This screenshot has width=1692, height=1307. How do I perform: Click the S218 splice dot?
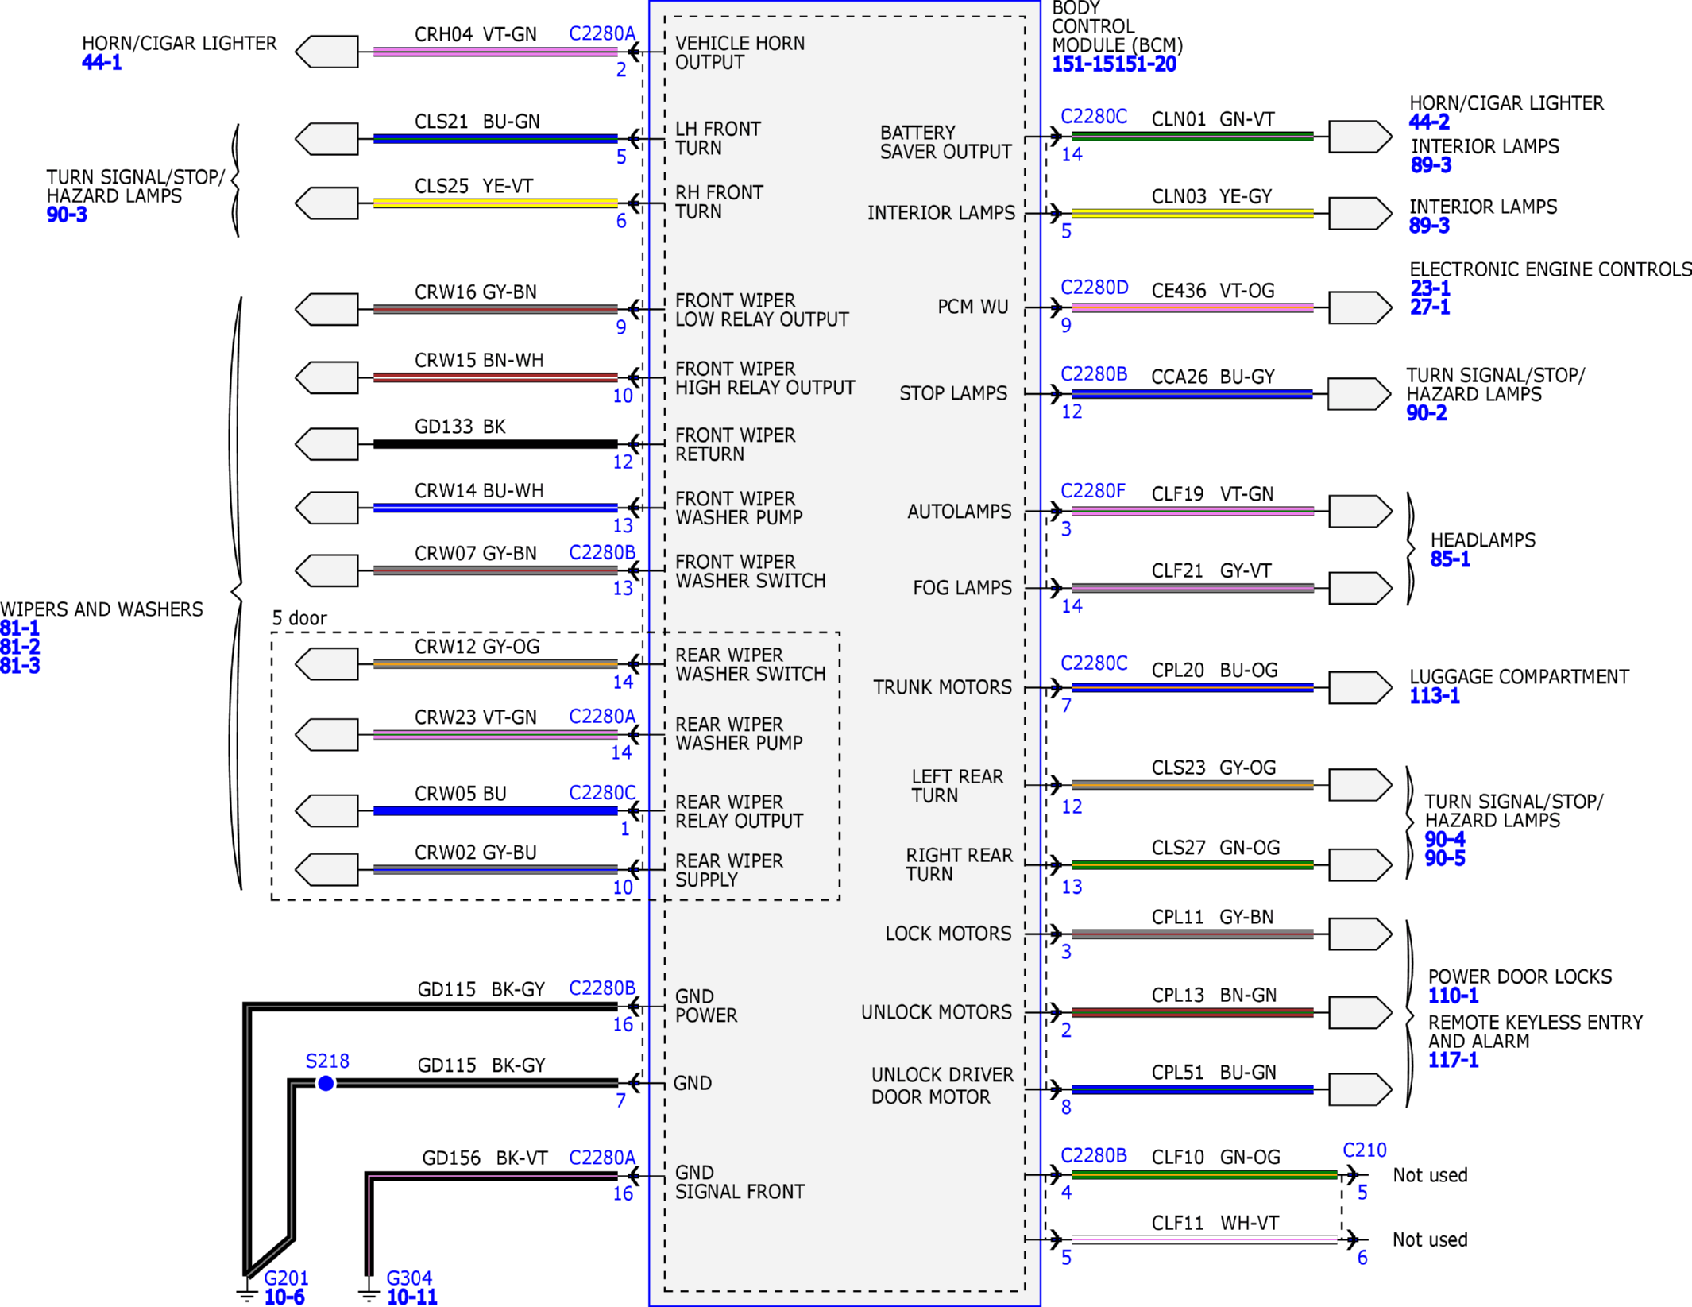pyautogui.click(x=326, y=1083)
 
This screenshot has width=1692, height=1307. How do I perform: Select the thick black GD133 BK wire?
pyautogui.click(x=495, y=444)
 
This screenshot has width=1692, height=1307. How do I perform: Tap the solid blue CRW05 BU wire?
pyautogui.click(x=495, y=811)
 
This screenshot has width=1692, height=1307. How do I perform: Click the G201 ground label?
pyautogui.click(x=286, y=1278)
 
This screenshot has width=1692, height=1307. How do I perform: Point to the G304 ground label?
pyautogui.click(x=409, y=1278)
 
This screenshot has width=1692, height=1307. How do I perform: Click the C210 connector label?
pyautogui.click(x=1365, y=1150)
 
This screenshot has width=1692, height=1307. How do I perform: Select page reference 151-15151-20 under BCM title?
pyautogui.click(x=1114, y=64)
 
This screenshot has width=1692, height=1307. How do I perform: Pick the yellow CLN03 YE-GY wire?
pyautogui.click(x=1192, y=214)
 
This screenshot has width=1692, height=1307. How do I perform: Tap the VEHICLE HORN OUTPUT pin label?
pyautogui.click(x=740, y=53)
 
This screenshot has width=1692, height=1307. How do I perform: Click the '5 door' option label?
pyautogui.click(x=299, y=618)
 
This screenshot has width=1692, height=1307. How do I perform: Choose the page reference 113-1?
pyautogui.click(x=1435, y=696)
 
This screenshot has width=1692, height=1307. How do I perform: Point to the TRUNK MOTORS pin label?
pyautogui.click(x=942, y=687)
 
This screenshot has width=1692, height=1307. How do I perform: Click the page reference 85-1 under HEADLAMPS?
pyautogui.click(x=1451, y=559)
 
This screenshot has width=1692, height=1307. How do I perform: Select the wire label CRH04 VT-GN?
pyautogui.click(x=475, y=34)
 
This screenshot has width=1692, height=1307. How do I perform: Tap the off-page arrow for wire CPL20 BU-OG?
pyautogui.click(x=1360, y=687)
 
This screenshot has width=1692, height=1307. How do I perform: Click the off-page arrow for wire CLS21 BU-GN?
pyautogui.click(x=326, y=139)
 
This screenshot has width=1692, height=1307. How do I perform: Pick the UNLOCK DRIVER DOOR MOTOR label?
pyautogui.click(x=942, y=1086)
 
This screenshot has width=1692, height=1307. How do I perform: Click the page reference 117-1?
pyautogui.click(x=1453, y=1060)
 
